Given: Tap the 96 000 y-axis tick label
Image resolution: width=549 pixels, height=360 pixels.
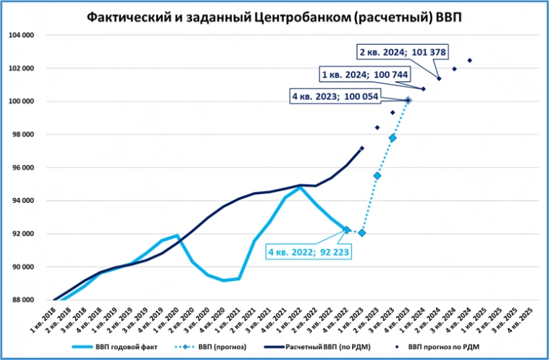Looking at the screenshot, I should coord(22,167).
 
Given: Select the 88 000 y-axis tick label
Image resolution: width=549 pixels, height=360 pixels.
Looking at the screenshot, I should coord(22,300).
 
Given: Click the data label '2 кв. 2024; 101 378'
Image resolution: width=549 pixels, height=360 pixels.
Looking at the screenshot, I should coord(403,52).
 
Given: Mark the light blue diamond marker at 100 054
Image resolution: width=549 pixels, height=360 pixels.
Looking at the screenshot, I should coord(408,101).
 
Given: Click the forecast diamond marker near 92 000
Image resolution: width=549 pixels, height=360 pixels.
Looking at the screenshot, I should coord(362,233).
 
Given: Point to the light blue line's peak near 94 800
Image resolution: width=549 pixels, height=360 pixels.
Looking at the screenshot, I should coord(300,187).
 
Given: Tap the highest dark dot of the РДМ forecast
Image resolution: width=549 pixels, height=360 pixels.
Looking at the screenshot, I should coord(469,60).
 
